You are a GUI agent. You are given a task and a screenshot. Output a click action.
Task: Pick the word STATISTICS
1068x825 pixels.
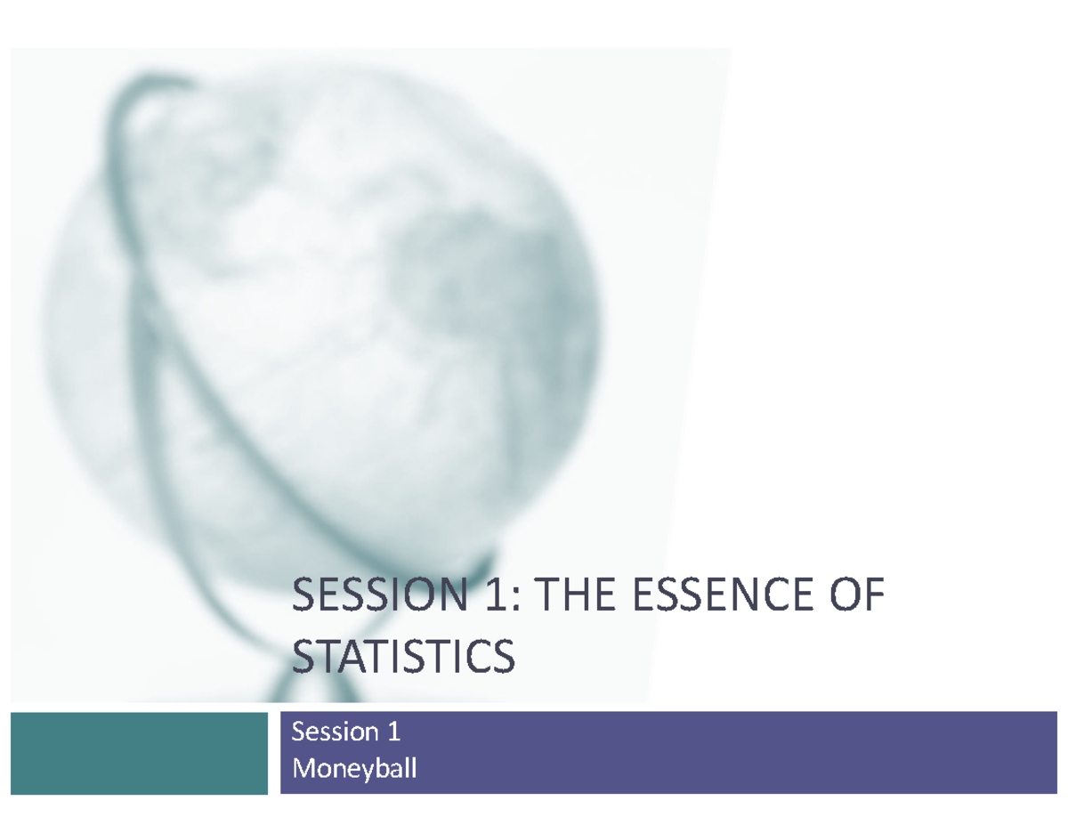(403, 658)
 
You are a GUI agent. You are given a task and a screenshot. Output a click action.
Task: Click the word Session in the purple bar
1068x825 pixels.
(331, 732)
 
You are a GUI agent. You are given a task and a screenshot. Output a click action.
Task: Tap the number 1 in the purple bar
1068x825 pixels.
(392, 732)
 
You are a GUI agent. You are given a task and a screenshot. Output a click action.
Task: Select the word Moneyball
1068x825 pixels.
(354, 767)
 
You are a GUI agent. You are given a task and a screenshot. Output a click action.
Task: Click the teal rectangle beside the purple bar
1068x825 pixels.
(139, 752)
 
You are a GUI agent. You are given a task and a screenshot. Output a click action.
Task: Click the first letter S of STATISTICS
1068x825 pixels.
(303, 658)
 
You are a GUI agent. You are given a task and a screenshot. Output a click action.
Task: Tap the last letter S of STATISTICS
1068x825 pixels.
(503, 658)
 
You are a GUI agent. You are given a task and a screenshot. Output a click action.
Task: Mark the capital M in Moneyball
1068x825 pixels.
(303, 767)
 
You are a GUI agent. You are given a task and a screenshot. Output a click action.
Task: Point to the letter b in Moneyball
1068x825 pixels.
(381, 767)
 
